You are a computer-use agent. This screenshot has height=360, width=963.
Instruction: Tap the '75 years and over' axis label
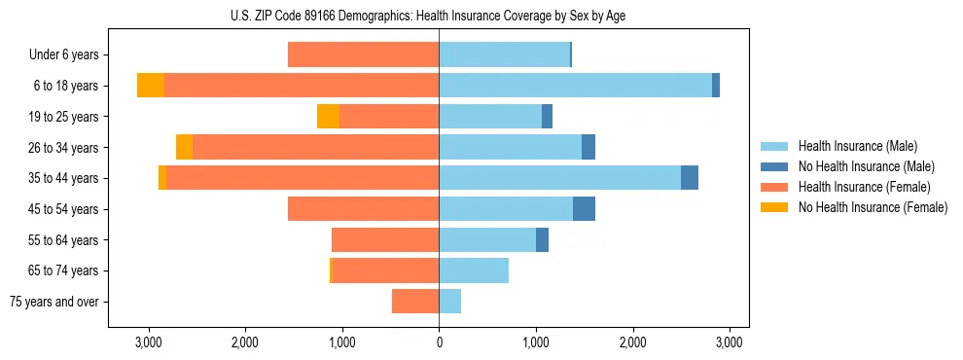pos(54,302)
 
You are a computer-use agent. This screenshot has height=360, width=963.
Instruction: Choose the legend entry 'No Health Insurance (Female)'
pos(872,207)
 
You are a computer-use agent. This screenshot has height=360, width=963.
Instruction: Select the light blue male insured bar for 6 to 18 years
pos(574,86)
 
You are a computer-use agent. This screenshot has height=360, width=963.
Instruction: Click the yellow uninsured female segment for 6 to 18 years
pos(151,86)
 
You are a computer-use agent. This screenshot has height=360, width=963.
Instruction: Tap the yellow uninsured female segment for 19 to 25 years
pos(328,117)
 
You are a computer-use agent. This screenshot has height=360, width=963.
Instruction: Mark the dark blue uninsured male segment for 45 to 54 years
pos(584,208)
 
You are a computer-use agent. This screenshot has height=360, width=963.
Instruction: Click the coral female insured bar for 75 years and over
pos(415,302)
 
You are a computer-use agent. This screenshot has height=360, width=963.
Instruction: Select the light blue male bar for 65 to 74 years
pos(474,270)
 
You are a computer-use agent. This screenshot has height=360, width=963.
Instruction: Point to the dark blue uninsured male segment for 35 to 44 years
pos(690,178)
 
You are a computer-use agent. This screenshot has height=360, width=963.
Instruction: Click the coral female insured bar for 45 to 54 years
pos(363,208)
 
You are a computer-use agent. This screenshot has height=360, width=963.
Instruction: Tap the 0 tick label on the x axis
pos(439,342)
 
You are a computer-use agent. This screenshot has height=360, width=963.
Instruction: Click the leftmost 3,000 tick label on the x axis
pos(148,342)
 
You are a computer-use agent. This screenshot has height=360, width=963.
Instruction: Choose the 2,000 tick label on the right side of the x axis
pos(632,342)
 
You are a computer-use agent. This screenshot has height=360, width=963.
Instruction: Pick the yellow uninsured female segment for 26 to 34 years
pos(184,147)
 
